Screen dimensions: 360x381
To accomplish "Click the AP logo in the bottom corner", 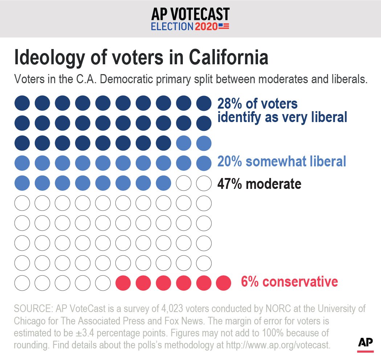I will pyautogui.click(x=365, y=344).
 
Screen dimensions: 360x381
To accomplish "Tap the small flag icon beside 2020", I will pyautogui.click(x=224, y=26).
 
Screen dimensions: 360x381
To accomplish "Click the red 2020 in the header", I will pyautogui.click(x=206, y=26).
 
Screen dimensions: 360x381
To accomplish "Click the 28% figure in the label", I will pyautogui.click(x=229, y=104).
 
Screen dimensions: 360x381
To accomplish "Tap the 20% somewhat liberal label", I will pyautogui.click(x=282, y=161).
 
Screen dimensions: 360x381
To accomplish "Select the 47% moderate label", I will pyautogui.click(x=259, y=184).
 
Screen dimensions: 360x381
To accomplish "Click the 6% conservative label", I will pyautogui.click(x=289, y=282).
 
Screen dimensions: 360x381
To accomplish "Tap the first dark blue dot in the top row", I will pyautogui.click(x=21, y=103).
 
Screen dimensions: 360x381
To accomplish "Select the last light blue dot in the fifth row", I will pyautogui.click(x=163, y=183).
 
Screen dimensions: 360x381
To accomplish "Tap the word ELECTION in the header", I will pyautogui.click(x=172, y=26).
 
